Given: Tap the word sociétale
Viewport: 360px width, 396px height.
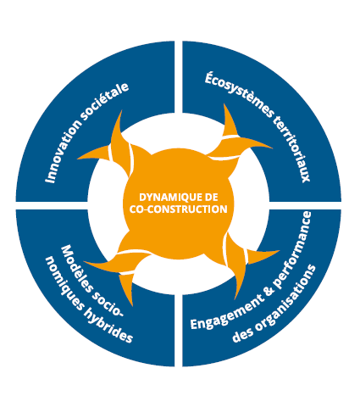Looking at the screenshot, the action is click(104, 102).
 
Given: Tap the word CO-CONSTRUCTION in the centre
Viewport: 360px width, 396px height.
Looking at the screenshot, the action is click(178, 209).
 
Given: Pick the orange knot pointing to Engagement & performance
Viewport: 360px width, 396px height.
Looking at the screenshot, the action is click(243, 261).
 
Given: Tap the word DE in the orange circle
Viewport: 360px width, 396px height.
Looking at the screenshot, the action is click(212, 197).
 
